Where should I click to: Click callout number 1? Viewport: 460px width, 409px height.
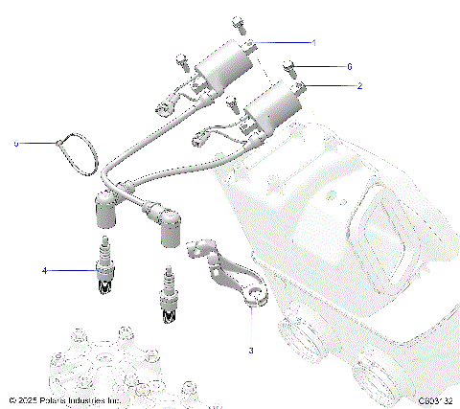coord(313,43)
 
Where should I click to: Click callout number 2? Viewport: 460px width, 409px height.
coord(359,86)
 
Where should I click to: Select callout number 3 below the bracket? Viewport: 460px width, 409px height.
coord(251,351)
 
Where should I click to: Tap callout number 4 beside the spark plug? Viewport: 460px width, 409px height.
coord(44,271)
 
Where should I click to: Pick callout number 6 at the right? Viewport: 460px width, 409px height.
coord(350,67)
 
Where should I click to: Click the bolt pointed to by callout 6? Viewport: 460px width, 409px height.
coord(290,67)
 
